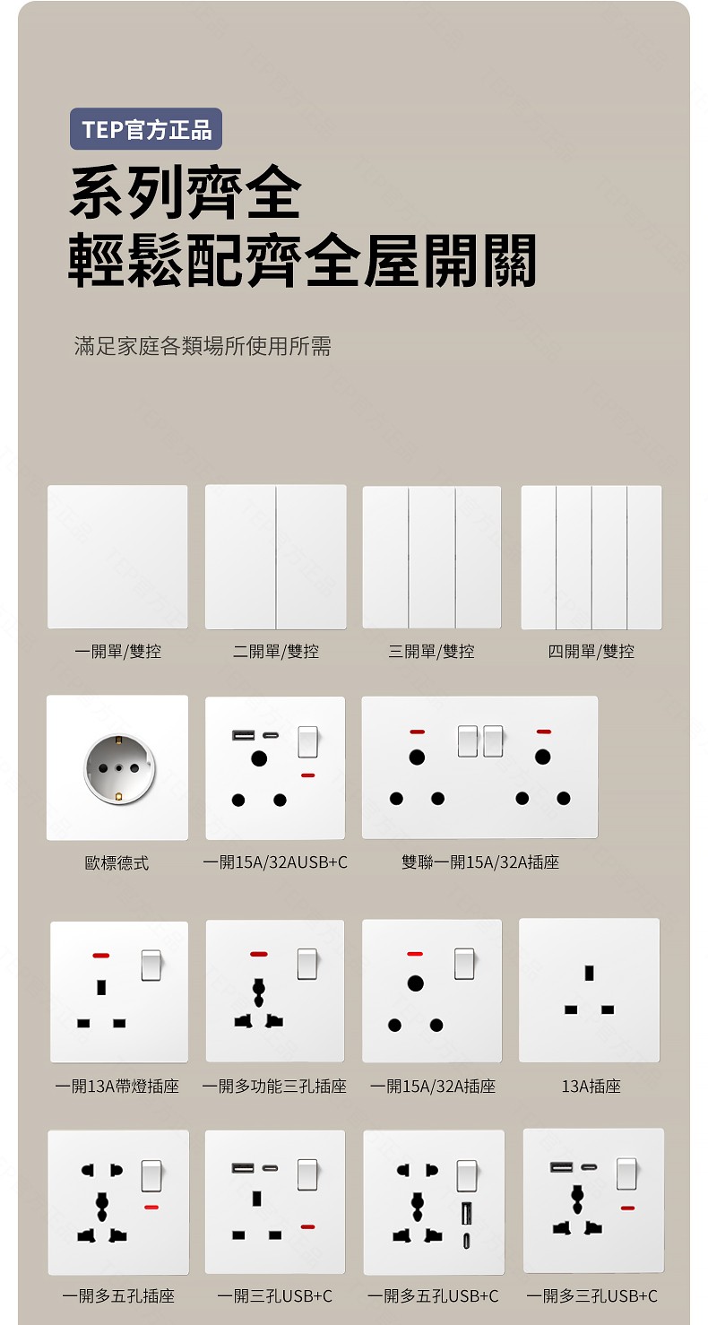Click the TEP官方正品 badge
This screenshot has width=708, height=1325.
click(x=146, y=129)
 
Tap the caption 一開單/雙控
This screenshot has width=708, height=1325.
click(x=117, y=652)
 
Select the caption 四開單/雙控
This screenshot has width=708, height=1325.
click(x=591, y=652)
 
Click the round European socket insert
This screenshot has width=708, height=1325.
click(x=119, y=768)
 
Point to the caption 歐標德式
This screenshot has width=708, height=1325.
click(x=117, y=863)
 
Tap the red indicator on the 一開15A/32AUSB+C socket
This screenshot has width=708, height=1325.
click(x=307, y=775)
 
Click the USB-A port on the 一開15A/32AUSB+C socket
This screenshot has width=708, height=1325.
click(x=243, y=735)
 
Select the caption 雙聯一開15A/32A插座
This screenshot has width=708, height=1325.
click(x=479, y=862)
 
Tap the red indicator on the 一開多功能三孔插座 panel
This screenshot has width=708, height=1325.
click(x=258, y=954)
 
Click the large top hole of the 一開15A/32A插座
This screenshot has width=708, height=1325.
click(x=415, y=983)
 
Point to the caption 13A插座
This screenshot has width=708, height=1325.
click(x=591, y=1087)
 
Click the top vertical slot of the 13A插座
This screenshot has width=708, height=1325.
click(x=589, y=973)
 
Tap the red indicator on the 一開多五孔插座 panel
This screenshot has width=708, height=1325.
click(x=151, y=1207)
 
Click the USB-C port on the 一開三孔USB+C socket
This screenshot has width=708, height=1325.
click(x=270, y=1168)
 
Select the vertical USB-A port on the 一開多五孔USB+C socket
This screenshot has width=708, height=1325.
click(x=466, y=1214)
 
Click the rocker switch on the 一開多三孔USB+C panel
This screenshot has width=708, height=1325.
click(x=626, y=1173)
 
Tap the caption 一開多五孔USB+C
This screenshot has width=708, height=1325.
click(x=433, y=1296)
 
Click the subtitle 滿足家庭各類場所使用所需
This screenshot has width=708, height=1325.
click(x=203, y=346)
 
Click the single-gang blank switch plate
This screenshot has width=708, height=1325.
click(x=117, y=557)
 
